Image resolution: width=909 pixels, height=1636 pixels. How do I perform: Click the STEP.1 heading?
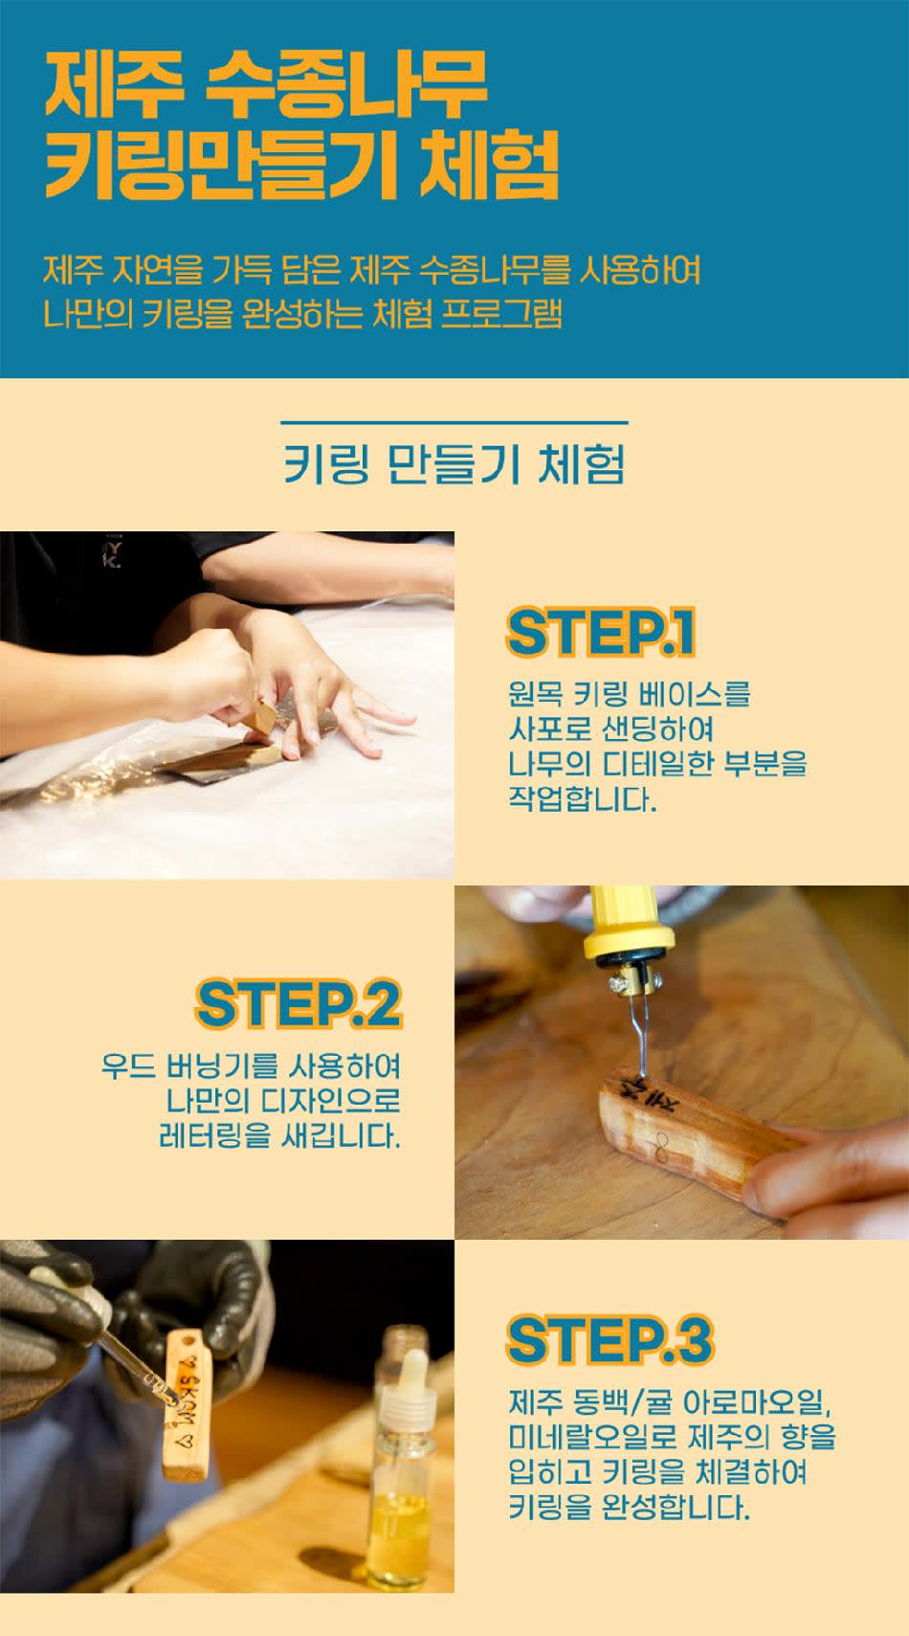click(600, 632)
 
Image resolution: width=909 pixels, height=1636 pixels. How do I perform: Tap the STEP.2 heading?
click(299, 1004)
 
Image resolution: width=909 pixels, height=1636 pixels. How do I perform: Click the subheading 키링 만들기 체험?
click(454, 464)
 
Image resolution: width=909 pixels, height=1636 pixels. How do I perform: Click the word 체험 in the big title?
click(489, 165)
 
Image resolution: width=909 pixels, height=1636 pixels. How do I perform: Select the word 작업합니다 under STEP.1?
click(583, 799)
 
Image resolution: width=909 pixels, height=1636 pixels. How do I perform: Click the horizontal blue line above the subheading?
click(454, 422)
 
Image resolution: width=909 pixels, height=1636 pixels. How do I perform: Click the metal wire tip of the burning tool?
click(641, 1037)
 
